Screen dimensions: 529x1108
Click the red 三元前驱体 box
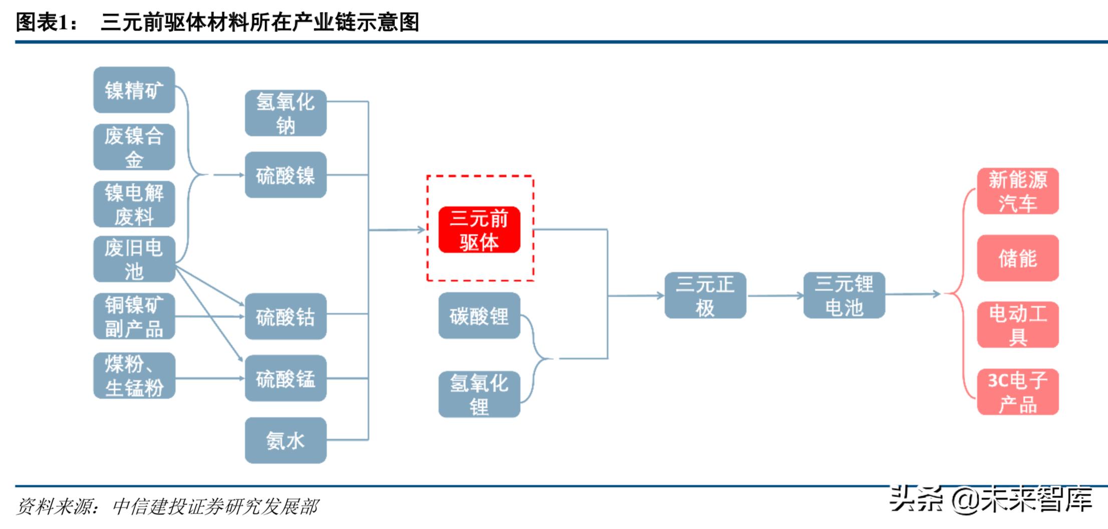tap(479, 230)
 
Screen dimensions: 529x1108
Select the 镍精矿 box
tap(134, 90)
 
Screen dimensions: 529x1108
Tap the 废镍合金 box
tap(134, 147)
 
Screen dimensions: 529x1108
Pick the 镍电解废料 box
tap(134, 204)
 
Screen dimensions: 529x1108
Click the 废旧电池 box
tap(134, 259)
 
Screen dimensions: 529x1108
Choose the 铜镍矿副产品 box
tap(134, 317)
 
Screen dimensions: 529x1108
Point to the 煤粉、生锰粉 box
tap(134, 376)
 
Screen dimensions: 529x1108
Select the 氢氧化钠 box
tap(286, 113)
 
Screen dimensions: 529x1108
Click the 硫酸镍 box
tap(286, 175)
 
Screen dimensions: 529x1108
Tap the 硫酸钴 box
tap(286, 317)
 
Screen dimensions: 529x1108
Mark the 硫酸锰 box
tap(286, 379)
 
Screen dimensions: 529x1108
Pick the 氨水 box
tap(286, 440)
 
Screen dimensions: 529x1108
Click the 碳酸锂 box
tap(479, 316)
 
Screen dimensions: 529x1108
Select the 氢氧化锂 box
tap(479, 394)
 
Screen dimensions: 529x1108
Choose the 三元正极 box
tap(705, 296)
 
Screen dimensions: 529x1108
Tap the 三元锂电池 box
tap(844, 296)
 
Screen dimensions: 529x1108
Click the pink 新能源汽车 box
tap(1018, 191)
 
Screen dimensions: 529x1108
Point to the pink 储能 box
tap(1018, 258)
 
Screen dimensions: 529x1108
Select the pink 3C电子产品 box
tap(1018, 392)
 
